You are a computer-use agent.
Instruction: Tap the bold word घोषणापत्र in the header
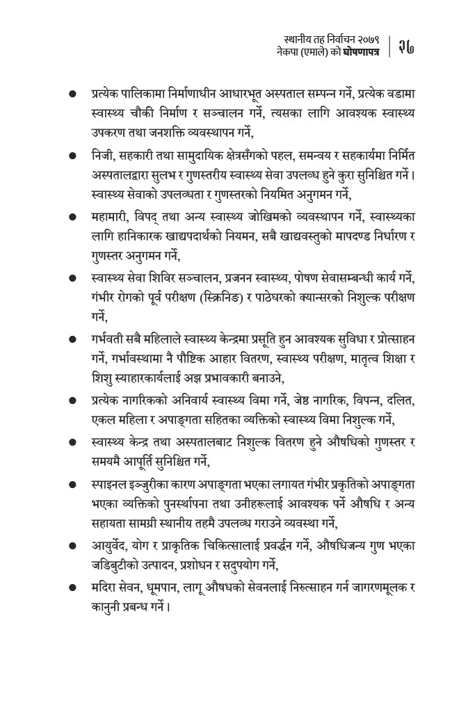(x=360, y=52)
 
